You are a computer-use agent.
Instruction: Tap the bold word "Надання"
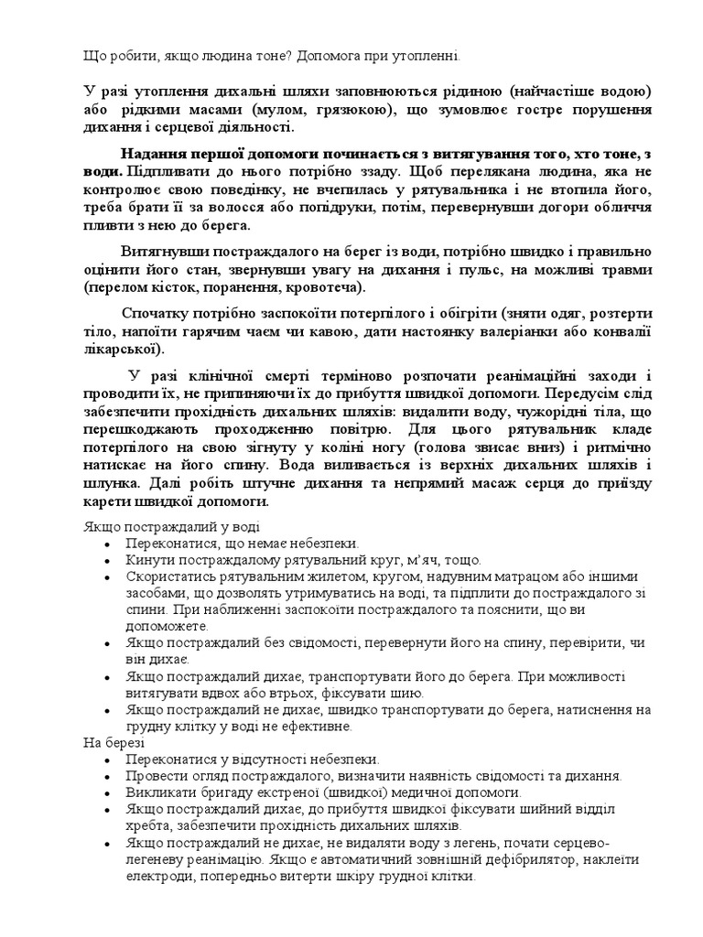(x=152, y=154)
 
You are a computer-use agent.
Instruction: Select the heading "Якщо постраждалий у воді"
(x=169, y=526)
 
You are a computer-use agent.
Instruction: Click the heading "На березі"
(x=107, y=743)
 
